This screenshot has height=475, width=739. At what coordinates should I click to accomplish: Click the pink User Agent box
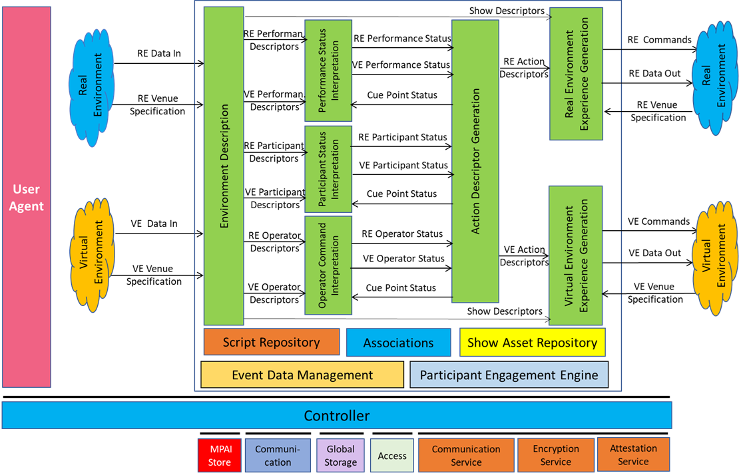pos(27,197)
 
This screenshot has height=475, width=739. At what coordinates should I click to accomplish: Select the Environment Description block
pos(224,166)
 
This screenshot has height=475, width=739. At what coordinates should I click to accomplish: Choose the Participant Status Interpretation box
pos(328,169)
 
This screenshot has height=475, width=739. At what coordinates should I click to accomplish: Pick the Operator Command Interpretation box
pos(328,265)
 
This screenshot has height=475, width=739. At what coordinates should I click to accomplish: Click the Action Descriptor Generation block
pos(475,161)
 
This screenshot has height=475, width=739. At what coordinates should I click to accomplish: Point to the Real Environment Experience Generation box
pos(576,74)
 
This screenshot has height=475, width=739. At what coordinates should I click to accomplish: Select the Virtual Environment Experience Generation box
pos(575,255)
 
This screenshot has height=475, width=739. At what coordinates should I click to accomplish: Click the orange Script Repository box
pos(272,343)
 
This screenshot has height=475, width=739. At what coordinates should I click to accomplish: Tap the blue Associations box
pos(398,343)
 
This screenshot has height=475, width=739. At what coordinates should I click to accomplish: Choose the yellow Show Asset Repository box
pos(532,343)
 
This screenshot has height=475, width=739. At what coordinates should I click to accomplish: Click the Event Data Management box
pos(302,375)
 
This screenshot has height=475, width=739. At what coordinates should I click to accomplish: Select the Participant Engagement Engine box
pos(509,375)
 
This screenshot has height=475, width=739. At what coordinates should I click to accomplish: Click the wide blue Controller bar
pos(337,416)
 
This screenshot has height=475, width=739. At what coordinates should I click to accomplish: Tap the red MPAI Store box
pos(219,456)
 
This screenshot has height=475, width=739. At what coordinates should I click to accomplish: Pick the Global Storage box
pos(340,456)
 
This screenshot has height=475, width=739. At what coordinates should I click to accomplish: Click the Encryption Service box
pos(555,456)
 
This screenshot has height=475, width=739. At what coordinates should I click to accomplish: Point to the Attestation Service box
pos(632,455)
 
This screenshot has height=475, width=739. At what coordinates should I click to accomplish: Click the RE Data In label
pos(158,54)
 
